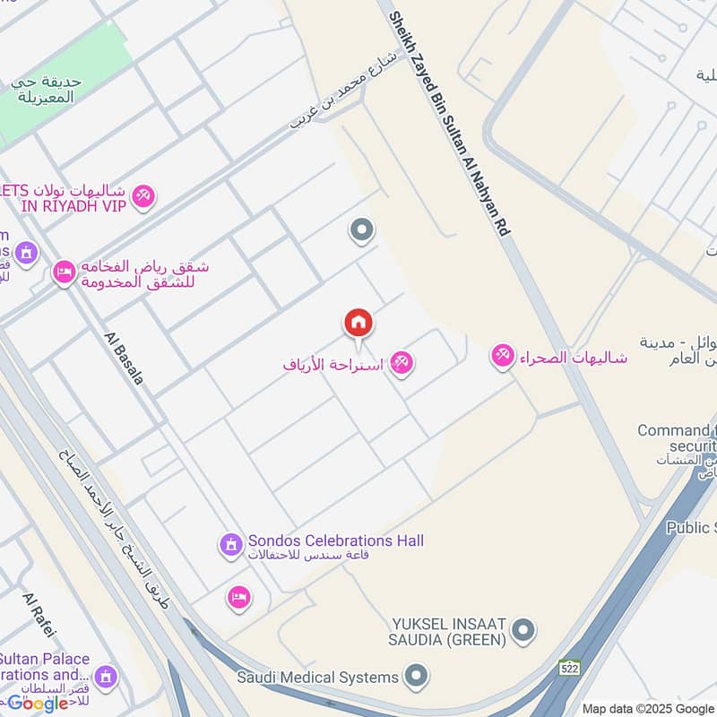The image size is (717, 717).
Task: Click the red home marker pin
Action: point(358,323)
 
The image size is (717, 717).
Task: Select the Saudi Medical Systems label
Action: point(318,677)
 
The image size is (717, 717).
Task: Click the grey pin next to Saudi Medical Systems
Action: point(416,676)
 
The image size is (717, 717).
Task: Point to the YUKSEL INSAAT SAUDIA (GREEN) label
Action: point(449,631)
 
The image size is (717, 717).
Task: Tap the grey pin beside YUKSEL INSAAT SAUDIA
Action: point(524,631)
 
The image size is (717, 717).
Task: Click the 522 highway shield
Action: point(569,668)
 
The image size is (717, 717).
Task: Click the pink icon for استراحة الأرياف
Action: point(401,364)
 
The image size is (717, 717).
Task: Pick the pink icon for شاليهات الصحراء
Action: point(502,357)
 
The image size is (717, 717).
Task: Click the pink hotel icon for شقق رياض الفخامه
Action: point(64,272)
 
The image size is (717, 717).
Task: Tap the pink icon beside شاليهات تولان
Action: point(143,195)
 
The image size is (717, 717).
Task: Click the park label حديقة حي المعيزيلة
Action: point(47,89)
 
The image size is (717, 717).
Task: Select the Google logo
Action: point(38,703)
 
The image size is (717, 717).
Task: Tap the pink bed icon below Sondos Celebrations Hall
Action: point(238,597)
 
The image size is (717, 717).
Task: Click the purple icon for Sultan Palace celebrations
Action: point(106,675)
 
